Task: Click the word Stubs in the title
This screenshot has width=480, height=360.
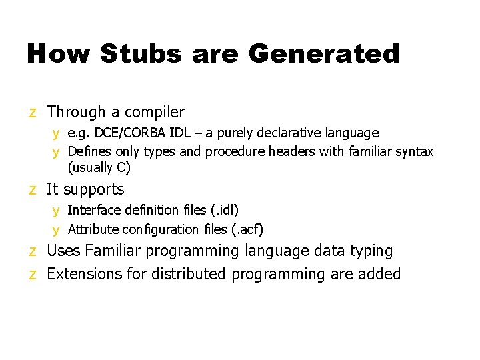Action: pos(140,53)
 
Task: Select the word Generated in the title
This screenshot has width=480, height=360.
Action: pos(323,53)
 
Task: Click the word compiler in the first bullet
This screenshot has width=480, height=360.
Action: pos(153,113)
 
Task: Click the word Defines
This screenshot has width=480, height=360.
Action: pos(89,152)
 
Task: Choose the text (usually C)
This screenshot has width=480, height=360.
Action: pos(99,167)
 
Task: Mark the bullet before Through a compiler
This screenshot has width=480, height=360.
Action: pos(32,113)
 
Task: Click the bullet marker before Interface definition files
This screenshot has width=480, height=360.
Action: pos(57,211)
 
